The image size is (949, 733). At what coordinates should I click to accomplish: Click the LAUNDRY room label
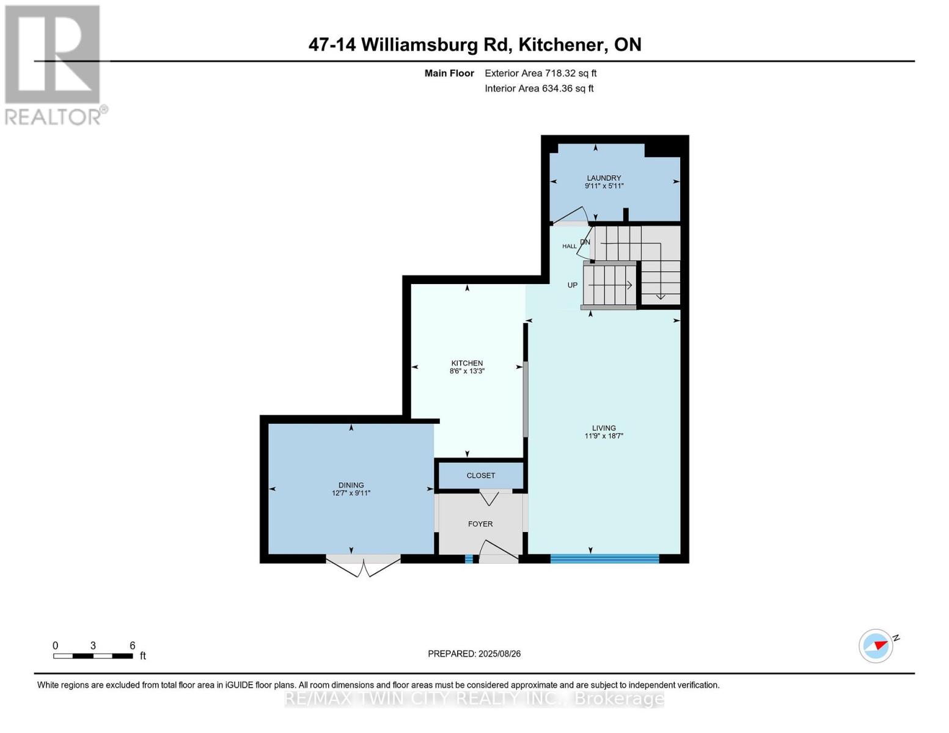[604, 178]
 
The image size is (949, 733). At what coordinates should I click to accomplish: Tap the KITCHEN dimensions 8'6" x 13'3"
[467, 371]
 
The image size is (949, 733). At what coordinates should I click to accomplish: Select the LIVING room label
[604, 428]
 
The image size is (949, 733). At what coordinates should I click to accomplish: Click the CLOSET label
[480, 475]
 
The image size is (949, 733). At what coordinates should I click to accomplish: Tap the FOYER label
[480, 523]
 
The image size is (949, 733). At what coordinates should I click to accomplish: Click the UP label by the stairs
[572, 285]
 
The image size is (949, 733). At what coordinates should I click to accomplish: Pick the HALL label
[569, 246]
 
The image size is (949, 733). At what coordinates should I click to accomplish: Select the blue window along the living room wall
[604, 558]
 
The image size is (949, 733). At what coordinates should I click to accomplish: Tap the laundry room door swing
[571, 216]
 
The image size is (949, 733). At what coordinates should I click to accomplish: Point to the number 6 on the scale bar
[132, 646]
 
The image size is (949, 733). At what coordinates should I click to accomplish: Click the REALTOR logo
[54, 64]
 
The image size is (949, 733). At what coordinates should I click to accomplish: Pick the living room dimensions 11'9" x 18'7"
[604, 436]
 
